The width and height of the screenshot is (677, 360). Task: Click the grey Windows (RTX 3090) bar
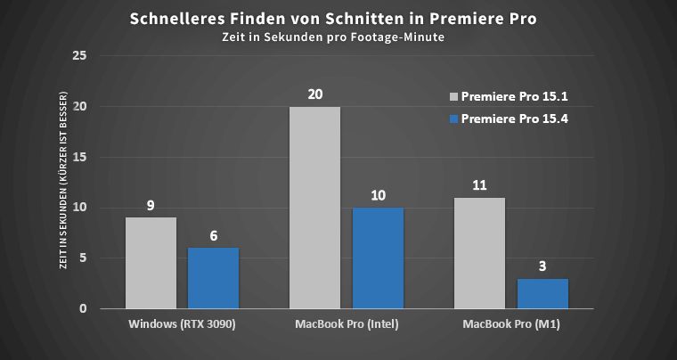pyautogui.click(x=151, y=264)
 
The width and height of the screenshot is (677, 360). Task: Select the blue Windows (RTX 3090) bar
pyautogui.click(x=213, y=279)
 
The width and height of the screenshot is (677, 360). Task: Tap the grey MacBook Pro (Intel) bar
pyautogui.click(x=314, y=208)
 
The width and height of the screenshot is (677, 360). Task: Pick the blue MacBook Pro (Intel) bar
pyautogui.click(x=377, y=258)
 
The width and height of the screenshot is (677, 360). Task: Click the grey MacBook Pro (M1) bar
pyautogui.click(x=479, y=253)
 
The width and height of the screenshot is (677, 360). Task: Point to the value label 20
pyautogui.click(x=314, y=94)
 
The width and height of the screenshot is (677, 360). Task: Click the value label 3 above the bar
pyautogui.click(x=542, y=266)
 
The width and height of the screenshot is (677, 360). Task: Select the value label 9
pyautogui.click(x=151, y=205)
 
